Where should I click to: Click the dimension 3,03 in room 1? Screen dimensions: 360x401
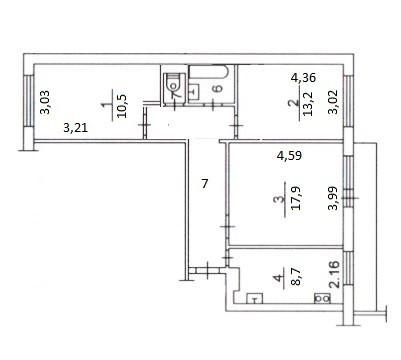tap(44, 105)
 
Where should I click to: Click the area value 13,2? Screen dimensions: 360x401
tap(293, 105)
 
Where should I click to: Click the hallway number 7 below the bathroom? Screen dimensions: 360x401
tap(204, 184)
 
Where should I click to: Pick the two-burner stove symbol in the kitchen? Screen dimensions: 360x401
tap(322, 298)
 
